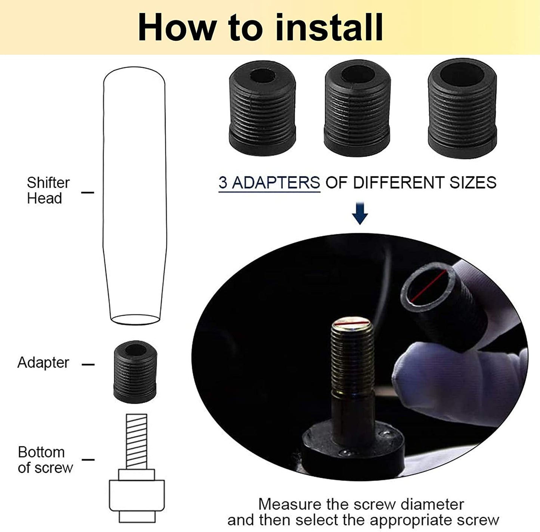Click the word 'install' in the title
click(329, 28)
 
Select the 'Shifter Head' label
click(48, 190)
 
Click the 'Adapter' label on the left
click(43, 362)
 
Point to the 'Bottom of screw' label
click(45, 459)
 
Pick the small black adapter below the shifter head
click(135, 372)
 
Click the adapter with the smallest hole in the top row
click(262, 108)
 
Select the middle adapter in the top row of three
click(357, 108)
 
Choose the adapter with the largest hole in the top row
click(462, 108)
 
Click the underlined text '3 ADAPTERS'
click(269, 182)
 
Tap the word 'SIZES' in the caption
click(473, 182)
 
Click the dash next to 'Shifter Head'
click(87, 193)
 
